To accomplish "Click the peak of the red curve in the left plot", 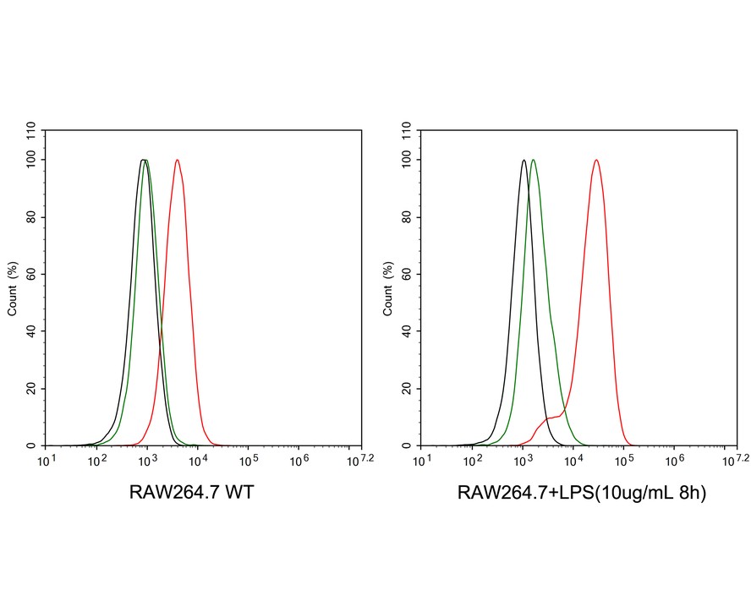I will click(x=177, y=161).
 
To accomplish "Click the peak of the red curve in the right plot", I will click(x=596, y=161).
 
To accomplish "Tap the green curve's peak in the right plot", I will click(x=533, y=161).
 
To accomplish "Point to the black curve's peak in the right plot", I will click(x=524, y=161).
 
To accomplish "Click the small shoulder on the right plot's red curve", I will click(x=551, y=418).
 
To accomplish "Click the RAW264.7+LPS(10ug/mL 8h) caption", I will click(x=581, y=493).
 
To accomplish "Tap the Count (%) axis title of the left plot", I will click(x=13, y=287).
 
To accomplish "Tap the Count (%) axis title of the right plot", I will click(x=389, y=287).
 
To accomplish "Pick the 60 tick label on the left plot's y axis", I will click(x=31, y=274).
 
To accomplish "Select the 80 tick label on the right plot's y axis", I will click(x=408, y=217).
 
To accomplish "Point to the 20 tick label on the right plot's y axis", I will click(x=408, y=389).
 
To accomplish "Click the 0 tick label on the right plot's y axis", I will click(x=410, y=445).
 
